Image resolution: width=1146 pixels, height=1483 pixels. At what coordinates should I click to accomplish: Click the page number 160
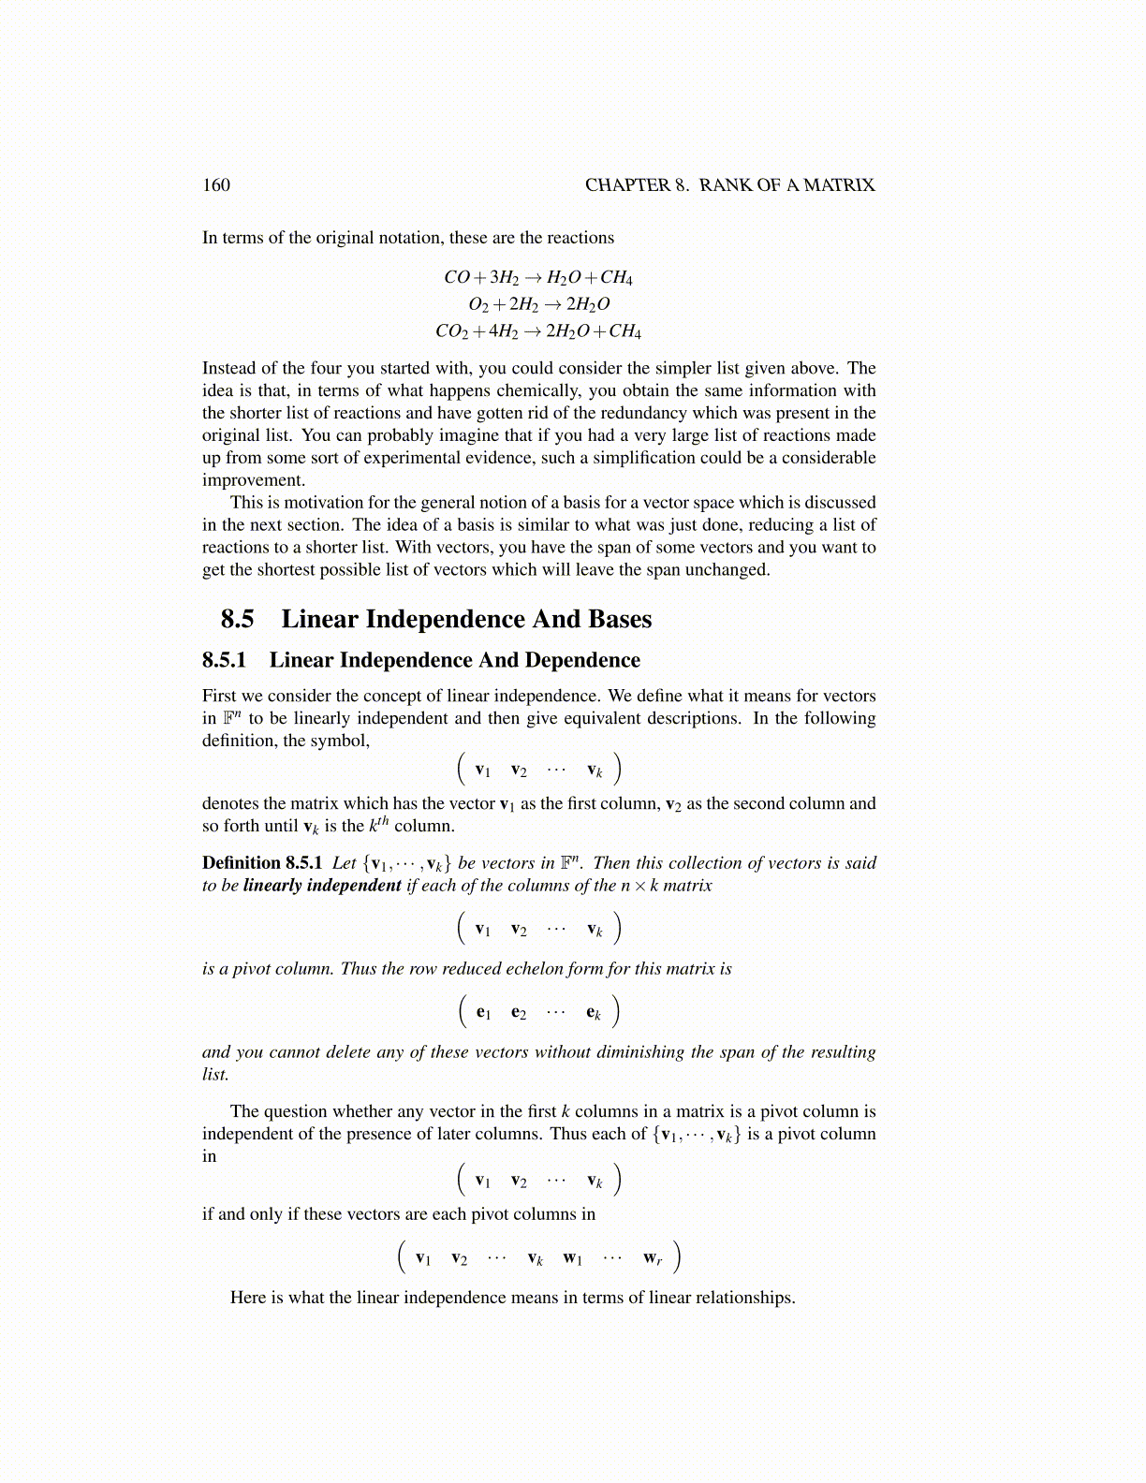215,184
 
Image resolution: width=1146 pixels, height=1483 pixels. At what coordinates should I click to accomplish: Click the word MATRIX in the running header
839,184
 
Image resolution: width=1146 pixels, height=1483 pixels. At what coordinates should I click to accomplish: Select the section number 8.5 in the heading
238,619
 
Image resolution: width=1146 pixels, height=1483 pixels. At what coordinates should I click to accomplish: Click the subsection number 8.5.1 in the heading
224,660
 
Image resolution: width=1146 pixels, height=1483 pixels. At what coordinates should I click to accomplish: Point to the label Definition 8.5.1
262,862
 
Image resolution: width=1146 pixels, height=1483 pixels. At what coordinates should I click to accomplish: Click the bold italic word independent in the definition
349,885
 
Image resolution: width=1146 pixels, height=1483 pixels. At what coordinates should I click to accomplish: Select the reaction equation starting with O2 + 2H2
538,303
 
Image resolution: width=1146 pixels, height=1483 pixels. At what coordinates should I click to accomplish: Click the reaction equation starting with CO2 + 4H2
538,330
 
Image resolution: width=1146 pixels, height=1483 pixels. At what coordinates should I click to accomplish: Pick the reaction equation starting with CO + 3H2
538,277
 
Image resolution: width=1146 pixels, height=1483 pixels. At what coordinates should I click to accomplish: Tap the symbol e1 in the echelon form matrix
483,1011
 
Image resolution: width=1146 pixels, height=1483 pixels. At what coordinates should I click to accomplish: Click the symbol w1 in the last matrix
572,1257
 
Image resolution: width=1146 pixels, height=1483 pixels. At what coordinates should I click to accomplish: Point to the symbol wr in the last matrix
653,1257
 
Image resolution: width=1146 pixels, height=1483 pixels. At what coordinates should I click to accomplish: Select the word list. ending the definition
215,1074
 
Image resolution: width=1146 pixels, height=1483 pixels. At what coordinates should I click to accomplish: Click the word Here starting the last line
248,1297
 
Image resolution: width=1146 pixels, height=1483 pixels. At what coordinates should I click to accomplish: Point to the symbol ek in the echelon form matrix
594,1011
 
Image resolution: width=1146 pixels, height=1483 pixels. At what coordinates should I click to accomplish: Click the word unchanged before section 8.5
727,569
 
